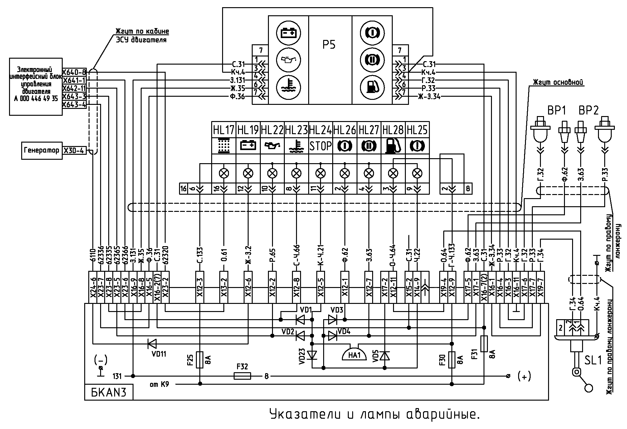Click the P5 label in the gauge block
tap(329, 45)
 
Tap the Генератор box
tap(41, 151)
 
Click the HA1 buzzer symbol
tap(354, 355)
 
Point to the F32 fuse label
tap(242, 367)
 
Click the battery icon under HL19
tap(248, 146)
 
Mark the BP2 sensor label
tap(589, 111)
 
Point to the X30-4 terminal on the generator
tap(74, 151)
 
